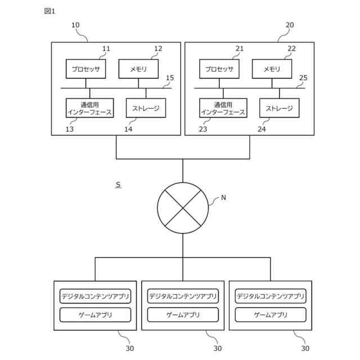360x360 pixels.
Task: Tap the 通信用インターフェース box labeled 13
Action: [x=89, y=107]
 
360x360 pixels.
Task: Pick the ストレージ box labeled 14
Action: [x=146, y=107]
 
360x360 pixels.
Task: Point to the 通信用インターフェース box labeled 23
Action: [x=223, y=107]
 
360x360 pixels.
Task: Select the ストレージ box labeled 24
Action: [x=280, y=107]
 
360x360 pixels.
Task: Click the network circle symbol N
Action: [x=183, y=207]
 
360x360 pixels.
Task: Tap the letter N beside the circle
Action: [x=223, y=197]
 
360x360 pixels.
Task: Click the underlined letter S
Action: [x=118, y=184]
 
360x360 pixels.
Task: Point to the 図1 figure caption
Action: [x=50, y=11]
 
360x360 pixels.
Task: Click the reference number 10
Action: [x=75, y=25]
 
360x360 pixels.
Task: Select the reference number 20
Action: [x=290, y=25]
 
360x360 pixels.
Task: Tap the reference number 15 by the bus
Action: [x=170, y=78]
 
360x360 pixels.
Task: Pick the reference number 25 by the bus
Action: [x=304, y=78]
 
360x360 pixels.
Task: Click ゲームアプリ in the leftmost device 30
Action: [x=95, y=314]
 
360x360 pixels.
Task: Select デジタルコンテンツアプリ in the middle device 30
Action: [x=183, y=296]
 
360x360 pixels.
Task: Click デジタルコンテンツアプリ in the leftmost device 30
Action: [x=95, y=296]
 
